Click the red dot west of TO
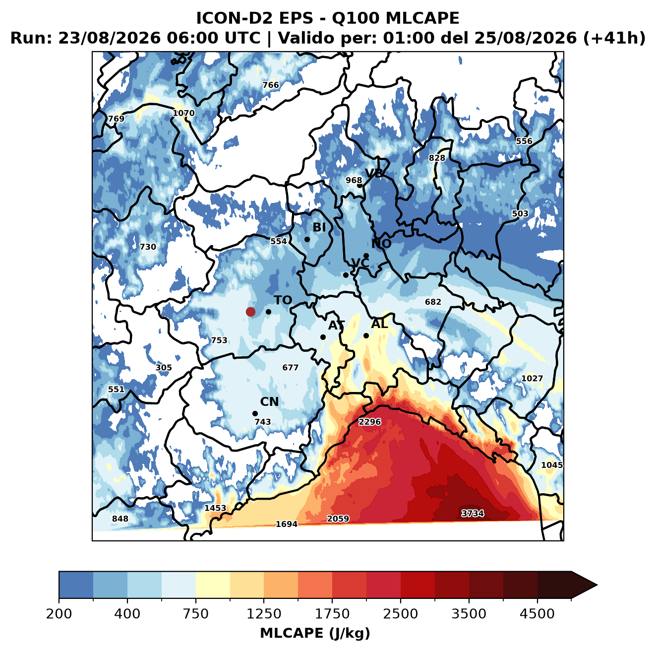250,312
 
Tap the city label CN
269,401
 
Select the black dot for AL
365,335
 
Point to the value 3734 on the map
472,513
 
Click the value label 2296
369,422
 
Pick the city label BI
319,227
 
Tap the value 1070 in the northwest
183,113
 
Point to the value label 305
164,368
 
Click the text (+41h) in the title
614,38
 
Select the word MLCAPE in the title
422,18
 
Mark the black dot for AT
323,337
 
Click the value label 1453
215,508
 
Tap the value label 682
433,302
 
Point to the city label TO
283,300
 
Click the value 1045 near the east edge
551,465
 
